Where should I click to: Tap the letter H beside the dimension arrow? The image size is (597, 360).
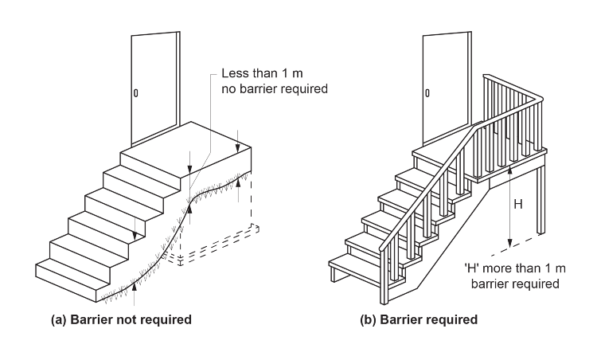click(x=517, y=204)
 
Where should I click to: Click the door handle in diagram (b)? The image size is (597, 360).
click(x=427, y=93)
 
